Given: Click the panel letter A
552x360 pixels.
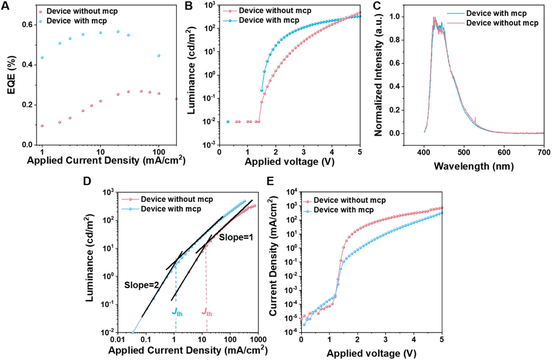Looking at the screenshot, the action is coord(5,6).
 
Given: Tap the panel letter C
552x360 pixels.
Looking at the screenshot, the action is coord(377,6).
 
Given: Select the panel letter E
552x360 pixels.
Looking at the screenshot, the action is coord(270,181).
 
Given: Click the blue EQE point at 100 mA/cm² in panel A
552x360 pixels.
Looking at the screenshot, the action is coord(159,56).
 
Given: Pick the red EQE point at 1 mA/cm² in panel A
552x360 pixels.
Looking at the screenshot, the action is coord(42,126).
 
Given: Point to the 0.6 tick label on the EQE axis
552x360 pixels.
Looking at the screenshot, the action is coord(27,24).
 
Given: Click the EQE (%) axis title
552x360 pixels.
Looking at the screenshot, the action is coord(11,75).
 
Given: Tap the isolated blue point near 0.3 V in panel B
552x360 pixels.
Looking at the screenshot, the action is coord(228,121).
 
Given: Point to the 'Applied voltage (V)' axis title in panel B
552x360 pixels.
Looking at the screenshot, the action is coord(289,162).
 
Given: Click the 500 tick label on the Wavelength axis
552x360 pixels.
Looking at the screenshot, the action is coord(464,153).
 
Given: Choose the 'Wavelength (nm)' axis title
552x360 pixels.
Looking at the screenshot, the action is coord(474,166).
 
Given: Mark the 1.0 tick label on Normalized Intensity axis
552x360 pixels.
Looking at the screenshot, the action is coord(395,17).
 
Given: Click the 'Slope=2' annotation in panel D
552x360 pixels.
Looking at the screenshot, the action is coord(142,285).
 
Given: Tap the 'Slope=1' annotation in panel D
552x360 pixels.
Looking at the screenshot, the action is coord(236,237).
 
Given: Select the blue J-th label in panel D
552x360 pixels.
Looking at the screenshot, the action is coord(177,312).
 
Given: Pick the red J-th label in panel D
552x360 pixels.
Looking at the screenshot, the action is coord(207,312).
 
